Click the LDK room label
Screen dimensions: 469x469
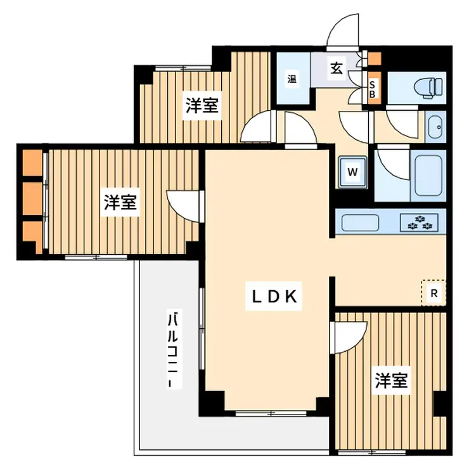click(x=274, y=296)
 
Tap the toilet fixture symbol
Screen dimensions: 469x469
click(x=428, y=87)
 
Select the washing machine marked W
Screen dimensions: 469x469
click(x=352, y=172)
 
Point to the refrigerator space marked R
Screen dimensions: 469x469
click(x=434, y=293)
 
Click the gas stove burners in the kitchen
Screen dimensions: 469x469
click(x=420, y=222)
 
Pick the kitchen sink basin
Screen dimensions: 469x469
click(x=360, y=222)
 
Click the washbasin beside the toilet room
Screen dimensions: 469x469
click(x=435, y=127)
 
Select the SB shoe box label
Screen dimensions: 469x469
click(x=372, y=89)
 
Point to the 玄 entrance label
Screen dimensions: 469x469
click(x=337, y=68)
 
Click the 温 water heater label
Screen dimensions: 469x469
click(x=292, y=79)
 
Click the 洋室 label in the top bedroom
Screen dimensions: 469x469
click(x=202, y=105)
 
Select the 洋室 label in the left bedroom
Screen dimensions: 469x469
click(x=120, y=202)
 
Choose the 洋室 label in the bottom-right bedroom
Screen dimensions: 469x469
click(x=391, y=380)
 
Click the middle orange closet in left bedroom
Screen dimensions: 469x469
click(x=32, y=198)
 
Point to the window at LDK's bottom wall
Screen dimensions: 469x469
click(x=271, y=414)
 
